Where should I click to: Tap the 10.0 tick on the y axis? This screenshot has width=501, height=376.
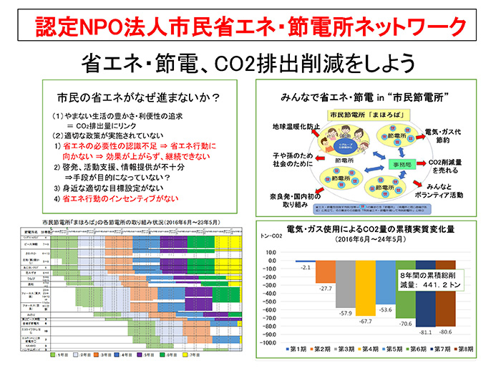[x=276, y=252]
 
